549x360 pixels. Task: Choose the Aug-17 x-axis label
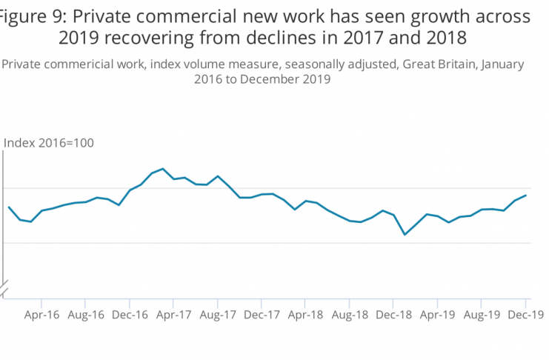point(217,314)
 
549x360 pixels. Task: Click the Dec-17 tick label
point(261,314)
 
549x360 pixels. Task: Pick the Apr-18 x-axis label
point(305,314)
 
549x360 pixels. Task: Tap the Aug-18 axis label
point(349,314)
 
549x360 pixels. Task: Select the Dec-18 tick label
point(393,314)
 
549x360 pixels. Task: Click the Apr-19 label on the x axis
point(436,314)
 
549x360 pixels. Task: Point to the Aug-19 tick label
point(481,314)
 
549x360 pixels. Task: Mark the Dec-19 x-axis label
point(525,314)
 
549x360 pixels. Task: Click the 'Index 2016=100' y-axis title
point(49,143)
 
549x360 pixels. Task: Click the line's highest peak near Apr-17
point(162,169)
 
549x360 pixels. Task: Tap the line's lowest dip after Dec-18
point(405,235)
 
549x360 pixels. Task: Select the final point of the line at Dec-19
point(526,196)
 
